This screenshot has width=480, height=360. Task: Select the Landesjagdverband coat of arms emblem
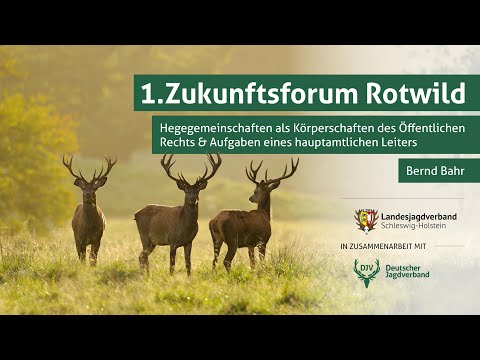coord(367,220)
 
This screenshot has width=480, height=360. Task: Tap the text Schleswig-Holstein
coord(414,227)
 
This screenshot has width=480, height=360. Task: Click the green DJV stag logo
coord(367,271)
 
